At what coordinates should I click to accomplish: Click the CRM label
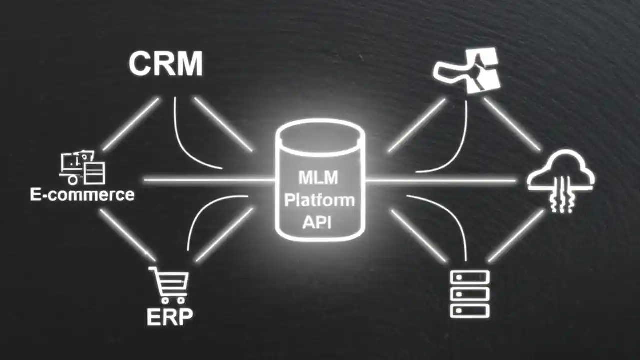(166, 64)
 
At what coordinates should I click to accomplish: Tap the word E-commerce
(82, 194)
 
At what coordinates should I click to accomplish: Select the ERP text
(170, 316)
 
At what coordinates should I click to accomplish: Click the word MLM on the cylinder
(318, 178)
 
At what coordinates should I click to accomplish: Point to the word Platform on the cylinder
(319, 200)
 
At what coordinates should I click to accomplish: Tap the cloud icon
(561, 172)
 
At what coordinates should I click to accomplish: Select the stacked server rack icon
(470, 294)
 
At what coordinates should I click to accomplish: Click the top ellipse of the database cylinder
(320, 133)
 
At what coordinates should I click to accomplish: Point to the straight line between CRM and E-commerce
(131, 124)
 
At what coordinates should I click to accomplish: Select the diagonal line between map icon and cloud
(512, 124)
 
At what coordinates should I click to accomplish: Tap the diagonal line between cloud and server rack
(515, 236)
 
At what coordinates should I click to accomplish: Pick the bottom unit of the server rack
(470, 311)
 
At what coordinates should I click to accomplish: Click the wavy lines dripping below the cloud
(560, 200)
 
